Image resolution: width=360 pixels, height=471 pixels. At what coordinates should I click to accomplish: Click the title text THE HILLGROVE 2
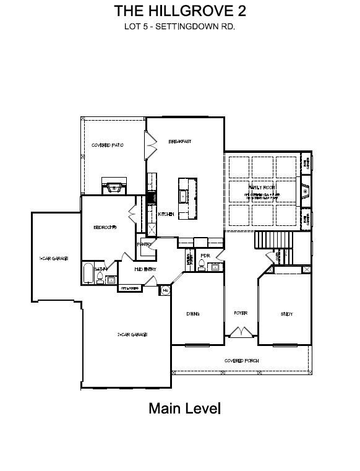[x=180, y=11]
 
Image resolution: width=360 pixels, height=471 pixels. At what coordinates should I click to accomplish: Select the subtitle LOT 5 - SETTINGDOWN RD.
[x=180, y=27]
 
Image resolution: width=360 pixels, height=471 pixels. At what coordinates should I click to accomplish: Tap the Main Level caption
[x=184, y=408]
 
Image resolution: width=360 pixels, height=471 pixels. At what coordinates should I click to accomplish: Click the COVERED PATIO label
[x=108, y=145]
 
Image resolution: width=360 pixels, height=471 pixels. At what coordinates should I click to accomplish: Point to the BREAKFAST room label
[x=180, y=142]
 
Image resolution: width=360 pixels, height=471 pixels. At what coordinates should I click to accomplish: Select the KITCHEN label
[x=166, y=214]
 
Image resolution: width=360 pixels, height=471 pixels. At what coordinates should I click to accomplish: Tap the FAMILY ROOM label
[x=262, y=187]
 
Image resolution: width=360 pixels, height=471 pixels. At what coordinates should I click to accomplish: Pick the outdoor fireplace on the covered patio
[x=113, y=188]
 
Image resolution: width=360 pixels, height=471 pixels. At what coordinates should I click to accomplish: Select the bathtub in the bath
[x=88, y=273]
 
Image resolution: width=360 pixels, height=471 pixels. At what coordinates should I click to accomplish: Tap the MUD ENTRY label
[x=145, y=269]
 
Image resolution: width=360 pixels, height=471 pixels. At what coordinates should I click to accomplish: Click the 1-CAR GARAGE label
[x=53, y=258]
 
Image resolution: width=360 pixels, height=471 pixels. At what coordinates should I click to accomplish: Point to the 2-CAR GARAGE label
[x=132, y=335]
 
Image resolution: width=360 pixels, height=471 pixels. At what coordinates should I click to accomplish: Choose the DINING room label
[x=193, y=314]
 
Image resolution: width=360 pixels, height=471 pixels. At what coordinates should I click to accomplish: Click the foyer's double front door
[x=241, y=334]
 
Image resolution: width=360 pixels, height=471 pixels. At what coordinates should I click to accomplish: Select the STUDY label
[x=286, y=314]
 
